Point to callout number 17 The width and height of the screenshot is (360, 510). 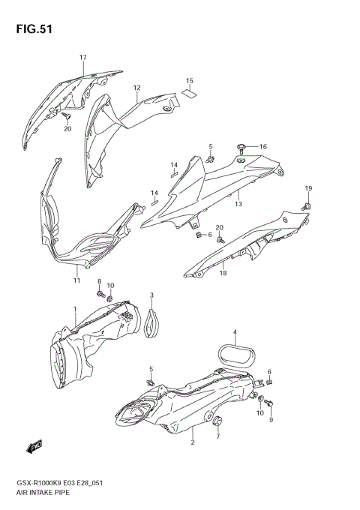(83, 57)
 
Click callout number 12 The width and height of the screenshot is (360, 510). (137, 88)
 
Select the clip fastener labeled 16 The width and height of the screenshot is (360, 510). (242, 147)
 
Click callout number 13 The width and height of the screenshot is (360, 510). (238, 203)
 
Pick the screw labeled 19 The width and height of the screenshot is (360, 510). (308, 203)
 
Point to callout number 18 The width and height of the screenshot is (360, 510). (223, 274)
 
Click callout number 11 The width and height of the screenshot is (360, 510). (76, 280)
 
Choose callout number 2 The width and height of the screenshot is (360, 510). (193, 442)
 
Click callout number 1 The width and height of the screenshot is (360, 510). (74, 309)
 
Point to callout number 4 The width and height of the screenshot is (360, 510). (235, 332)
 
